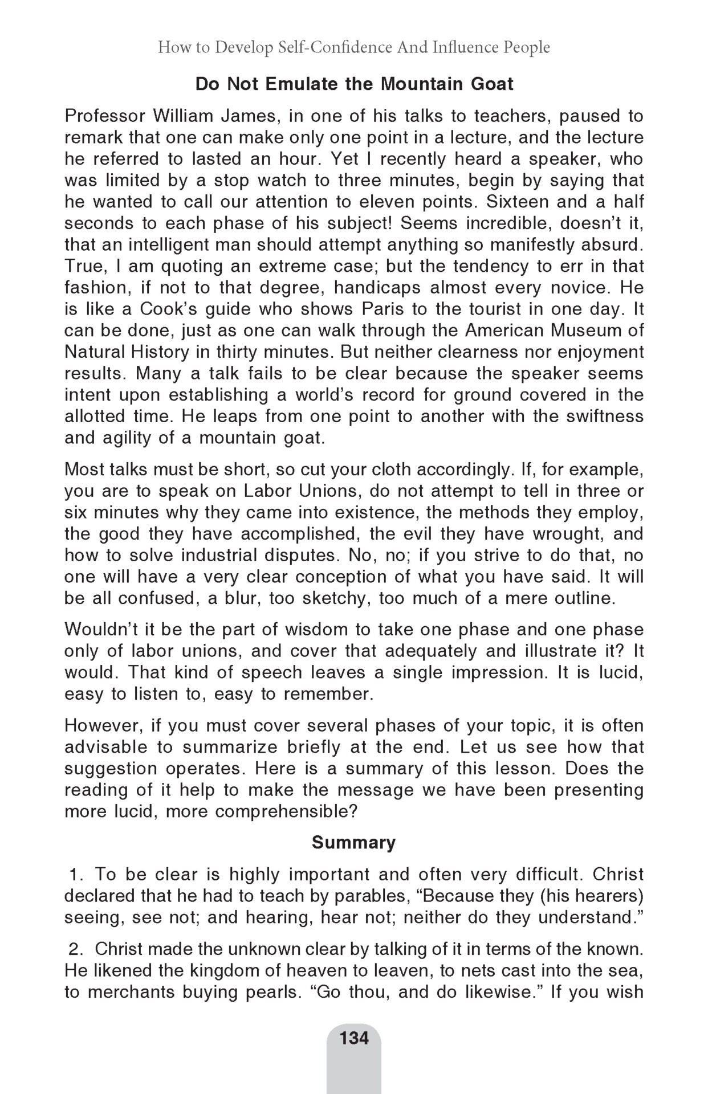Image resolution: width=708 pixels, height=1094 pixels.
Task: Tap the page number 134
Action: click(x=354, y=1038)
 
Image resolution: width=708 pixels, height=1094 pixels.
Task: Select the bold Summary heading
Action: click(x=353, y=842)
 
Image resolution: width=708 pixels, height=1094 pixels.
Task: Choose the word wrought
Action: click(x=565, y=533)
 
